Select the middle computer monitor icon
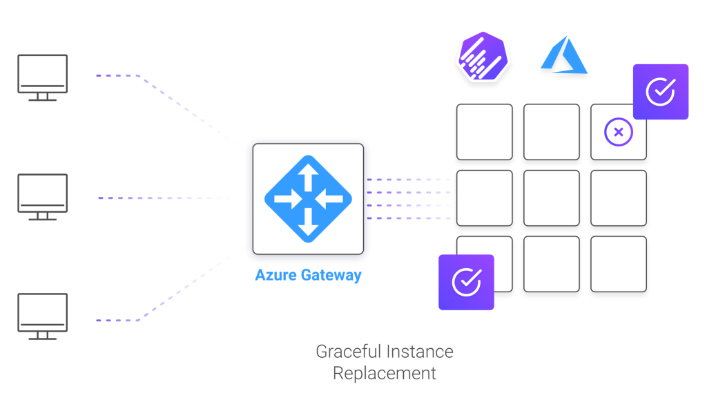42,196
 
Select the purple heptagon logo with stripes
480,56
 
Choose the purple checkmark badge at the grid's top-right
661,91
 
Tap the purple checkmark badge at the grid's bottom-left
467,282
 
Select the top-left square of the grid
483,133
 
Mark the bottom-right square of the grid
619,266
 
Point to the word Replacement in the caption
385,374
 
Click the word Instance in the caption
420,352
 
